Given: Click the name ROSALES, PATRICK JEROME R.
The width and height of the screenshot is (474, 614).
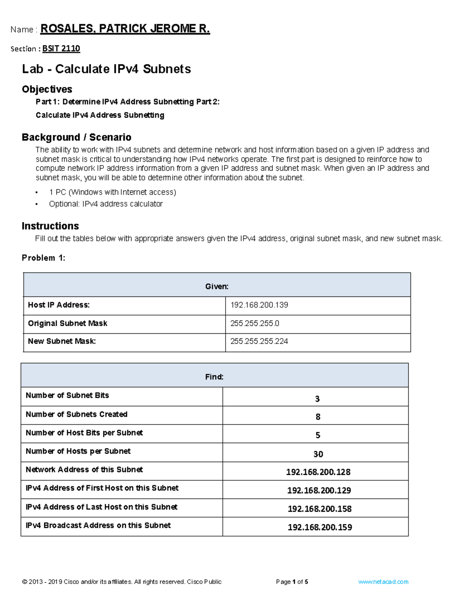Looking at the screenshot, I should (x=125, y=29).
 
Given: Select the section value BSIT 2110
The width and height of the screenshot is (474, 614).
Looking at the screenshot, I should (x=61, y=49).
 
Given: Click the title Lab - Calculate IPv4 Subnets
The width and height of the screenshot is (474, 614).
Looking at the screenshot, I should (x=106, y=69).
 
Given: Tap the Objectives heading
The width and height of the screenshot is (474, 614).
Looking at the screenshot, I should (x=47, y=89).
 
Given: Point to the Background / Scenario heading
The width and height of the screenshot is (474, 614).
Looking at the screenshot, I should (x=76, y=137).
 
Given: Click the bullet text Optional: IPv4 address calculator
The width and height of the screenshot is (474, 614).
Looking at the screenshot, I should (x=105, y=204).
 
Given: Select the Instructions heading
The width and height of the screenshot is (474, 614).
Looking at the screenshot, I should (x=50, y=226).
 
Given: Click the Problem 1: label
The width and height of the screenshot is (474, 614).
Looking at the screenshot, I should (x=43, y=258).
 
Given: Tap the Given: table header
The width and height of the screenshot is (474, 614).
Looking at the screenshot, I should (x=217, y=286).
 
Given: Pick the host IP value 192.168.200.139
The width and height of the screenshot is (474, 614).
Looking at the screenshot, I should (x=259, y=305).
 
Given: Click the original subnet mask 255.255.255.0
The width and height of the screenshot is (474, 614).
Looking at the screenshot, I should (x=255, y=323).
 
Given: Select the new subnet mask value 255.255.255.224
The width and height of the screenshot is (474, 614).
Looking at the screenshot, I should (x=259, y=341).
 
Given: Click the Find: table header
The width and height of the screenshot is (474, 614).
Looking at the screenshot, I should (x=214, y=377).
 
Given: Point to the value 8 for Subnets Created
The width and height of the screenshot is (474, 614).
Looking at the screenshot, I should (x=318, y=417).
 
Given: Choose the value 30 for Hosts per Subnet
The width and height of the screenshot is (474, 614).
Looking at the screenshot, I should (x=318, y=454).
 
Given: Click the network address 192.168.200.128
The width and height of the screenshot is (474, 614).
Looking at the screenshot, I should (x=318, y=472).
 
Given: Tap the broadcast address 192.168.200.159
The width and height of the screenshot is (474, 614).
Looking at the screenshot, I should (x=320, y=527).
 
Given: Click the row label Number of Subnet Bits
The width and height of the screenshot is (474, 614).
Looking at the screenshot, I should (x=67, y=395).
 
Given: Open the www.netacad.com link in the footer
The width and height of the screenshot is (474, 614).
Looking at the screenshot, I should (x=383, y=582).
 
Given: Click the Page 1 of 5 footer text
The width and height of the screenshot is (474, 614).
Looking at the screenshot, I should (x=292, y=582).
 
